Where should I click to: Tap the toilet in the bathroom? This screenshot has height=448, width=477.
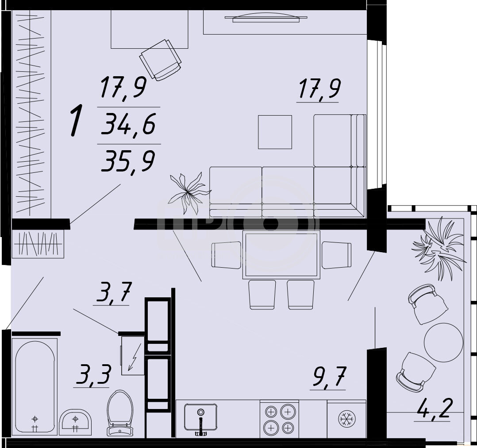pos(120,413)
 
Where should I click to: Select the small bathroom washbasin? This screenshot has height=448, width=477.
pos(75,421)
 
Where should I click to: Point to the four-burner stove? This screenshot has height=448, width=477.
pos(279,419)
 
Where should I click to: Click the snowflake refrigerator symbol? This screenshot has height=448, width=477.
pos(347,419)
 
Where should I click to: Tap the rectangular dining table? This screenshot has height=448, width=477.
pos(281,255)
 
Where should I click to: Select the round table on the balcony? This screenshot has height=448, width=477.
pos(443,343)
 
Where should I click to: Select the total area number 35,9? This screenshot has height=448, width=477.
pos(128,162)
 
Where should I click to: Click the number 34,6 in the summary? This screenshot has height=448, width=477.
pos(129,124)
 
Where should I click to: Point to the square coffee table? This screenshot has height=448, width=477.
pos(275,132)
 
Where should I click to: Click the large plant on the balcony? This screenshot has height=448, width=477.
pos(439,248)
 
